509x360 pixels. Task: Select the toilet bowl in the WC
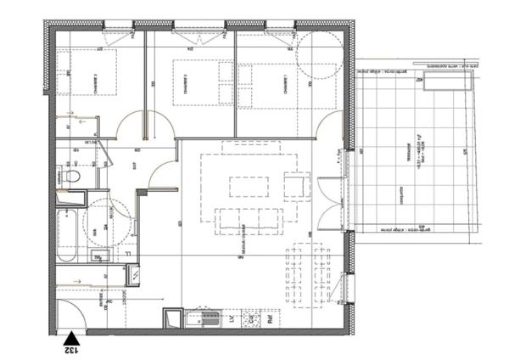click(x=72, y=177)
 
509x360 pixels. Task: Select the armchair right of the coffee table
click(x=296, y=184)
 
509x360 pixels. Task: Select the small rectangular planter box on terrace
click(x=446, y=81)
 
